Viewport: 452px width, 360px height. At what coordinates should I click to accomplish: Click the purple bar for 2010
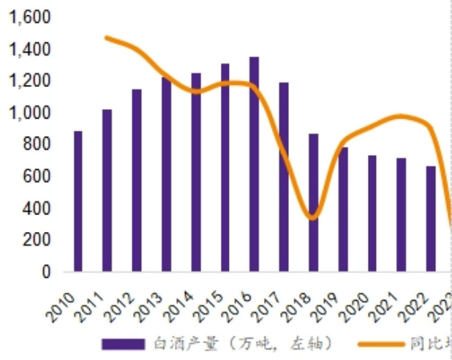click(x=78, y=201)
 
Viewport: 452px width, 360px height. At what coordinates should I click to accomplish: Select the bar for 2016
click(x=254, y=164)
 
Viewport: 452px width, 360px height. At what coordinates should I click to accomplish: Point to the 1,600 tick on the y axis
click(x=29, y=17)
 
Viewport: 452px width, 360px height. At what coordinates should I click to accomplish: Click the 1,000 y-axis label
click(x=29, y=113)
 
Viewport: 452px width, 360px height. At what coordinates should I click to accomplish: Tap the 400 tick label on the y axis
click(x=34, y=208)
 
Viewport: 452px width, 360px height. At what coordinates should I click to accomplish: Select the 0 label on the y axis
click(x=46, y=271)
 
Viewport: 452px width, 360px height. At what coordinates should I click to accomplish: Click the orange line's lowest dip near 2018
click(x=313, y=217)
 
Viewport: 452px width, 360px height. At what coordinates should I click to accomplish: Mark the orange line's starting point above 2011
click(x=107, y=37)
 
